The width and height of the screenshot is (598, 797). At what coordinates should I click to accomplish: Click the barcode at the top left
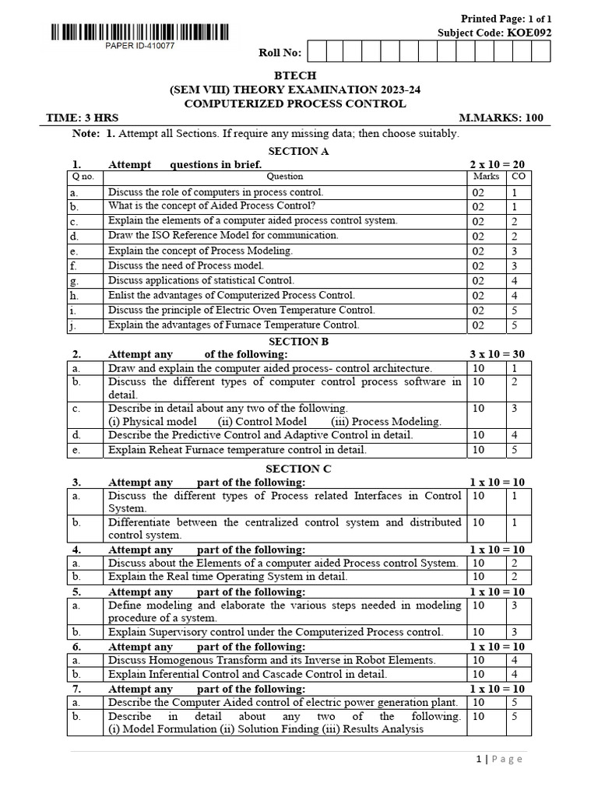pyautogui.click(x=140, y=32)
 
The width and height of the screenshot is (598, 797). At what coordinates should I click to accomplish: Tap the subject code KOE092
pyautogui.click(x=529, y=32)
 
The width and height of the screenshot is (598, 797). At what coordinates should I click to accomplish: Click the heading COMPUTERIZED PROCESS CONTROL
pyautogui.click(x=295, y=104)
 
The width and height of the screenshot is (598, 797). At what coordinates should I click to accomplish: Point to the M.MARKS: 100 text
pyautogui.click(x=501, y=118)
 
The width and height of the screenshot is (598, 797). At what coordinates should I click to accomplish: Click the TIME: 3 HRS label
pyautogui.click(x=83, y=118)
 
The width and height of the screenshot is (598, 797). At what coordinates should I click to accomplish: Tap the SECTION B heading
pyautogui.click(x=294, y=341)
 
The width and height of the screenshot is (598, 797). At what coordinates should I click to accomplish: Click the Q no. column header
pyautogui.click(x=83, y=177)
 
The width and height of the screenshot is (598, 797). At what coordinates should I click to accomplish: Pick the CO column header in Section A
pyautogui.click(x=518, y=177)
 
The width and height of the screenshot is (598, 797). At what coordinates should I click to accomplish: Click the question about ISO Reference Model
pyautogui.click(x=223, y=235)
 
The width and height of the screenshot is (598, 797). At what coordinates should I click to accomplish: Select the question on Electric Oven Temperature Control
pyautogui.click(x=241, y=310)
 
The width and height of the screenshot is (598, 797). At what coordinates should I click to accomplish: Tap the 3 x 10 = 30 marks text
pyautogui.click(x=497, y=354)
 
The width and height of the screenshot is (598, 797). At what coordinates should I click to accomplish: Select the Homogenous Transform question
pyautogui.click(x=272, y=660)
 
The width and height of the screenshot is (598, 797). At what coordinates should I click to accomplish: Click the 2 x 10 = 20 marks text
pyautogui.click(x=497, y=164)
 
